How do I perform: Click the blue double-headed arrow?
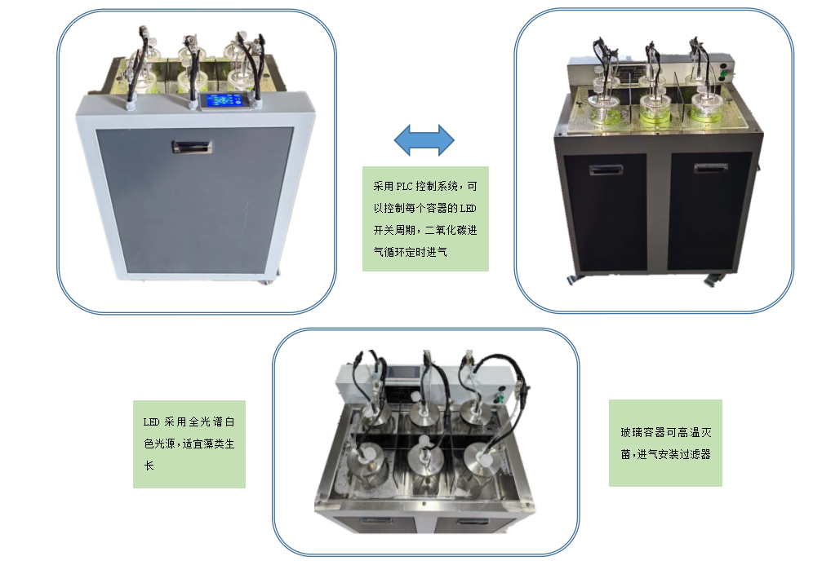(424, 140)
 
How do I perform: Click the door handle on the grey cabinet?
(193, 147)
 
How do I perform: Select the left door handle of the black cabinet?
(606, 170)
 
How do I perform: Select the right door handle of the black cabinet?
(710, 168)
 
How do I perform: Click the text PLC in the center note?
(404, 187)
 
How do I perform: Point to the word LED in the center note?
(468, 209)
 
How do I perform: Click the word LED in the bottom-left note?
(151, 422)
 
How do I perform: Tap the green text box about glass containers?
(665, 443)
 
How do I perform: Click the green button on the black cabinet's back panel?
(723, 75)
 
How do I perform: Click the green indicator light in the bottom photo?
(500, 399)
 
